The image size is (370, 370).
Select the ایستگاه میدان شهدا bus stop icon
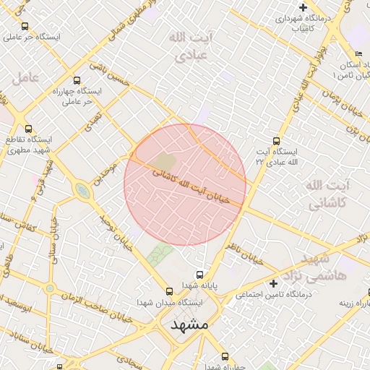tap(170, 291)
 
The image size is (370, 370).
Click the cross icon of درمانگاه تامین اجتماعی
tap(273, 283)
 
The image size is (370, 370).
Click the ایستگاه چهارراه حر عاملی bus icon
tap(77, 81)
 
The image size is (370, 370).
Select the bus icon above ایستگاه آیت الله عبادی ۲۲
tap(275, 142)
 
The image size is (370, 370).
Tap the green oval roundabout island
tap(82, 192)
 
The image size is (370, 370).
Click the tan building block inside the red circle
tap(165, 163)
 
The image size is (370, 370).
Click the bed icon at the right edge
tap(359, 55)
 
